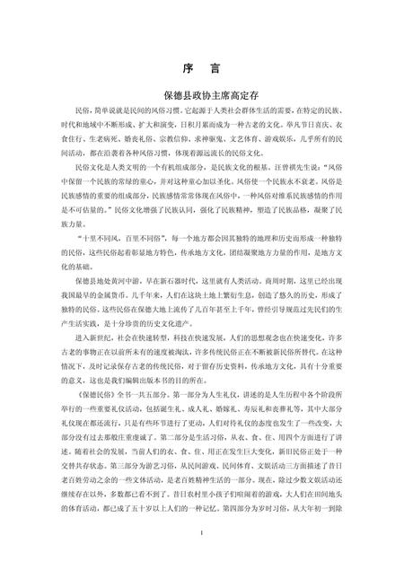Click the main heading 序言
(202, 68)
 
